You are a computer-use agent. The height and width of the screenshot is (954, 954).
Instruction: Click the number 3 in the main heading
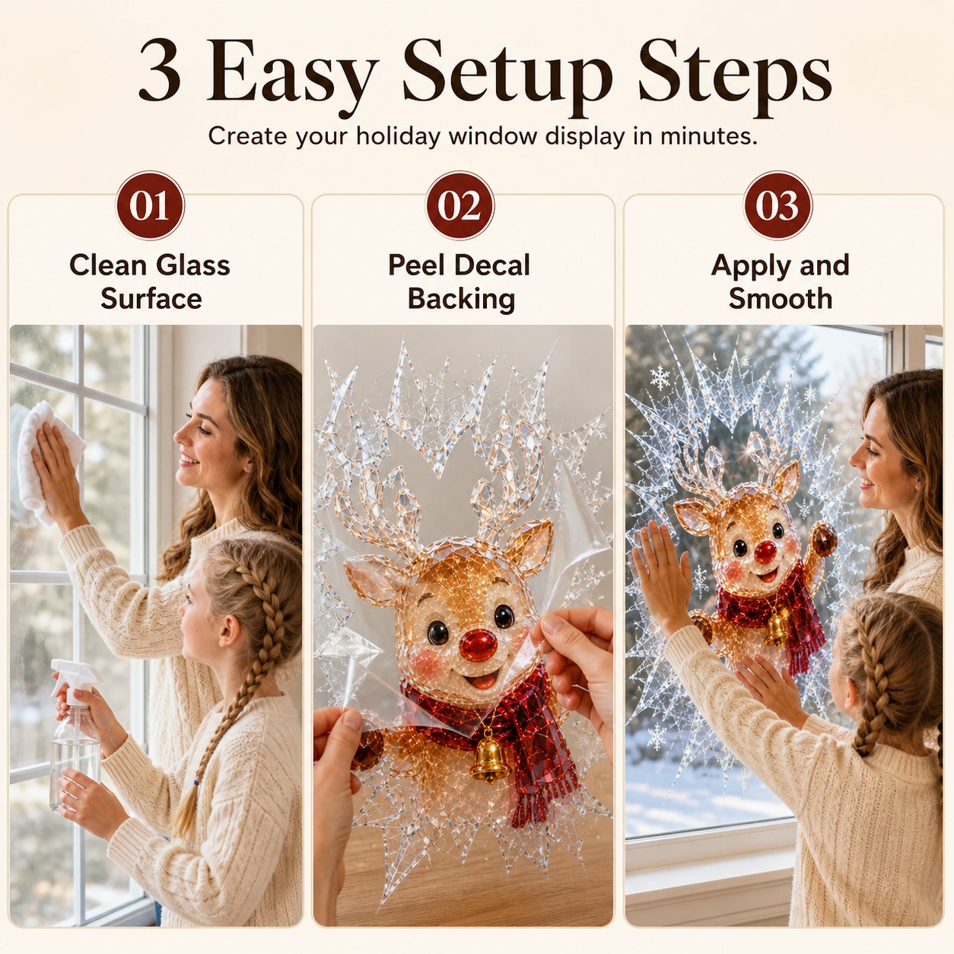(160, 70)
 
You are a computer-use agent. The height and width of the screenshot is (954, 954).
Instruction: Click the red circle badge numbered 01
(150, 205)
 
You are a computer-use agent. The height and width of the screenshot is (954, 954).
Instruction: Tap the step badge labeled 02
(460, 205)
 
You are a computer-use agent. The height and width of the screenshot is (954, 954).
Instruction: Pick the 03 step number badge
(778, 205)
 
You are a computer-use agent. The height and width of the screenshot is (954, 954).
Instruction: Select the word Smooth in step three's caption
(781, 298)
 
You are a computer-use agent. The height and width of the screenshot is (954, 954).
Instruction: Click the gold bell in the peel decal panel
(488, 761)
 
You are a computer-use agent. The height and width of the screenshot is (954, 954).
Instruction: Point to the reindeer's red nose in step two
(478, 644)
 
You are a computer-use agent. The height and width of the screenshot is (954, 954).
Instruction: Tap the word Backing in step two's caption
(461, 299)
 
